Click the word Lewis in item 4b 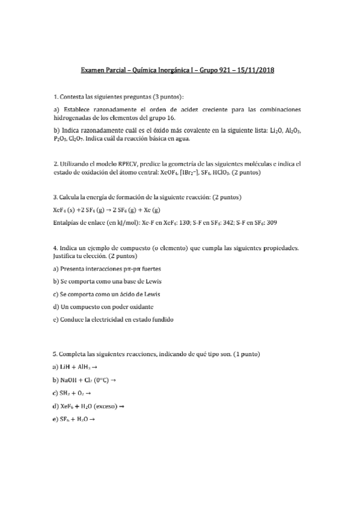(x=151, y=281)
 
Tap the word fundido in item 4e (x=161, y=319)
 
